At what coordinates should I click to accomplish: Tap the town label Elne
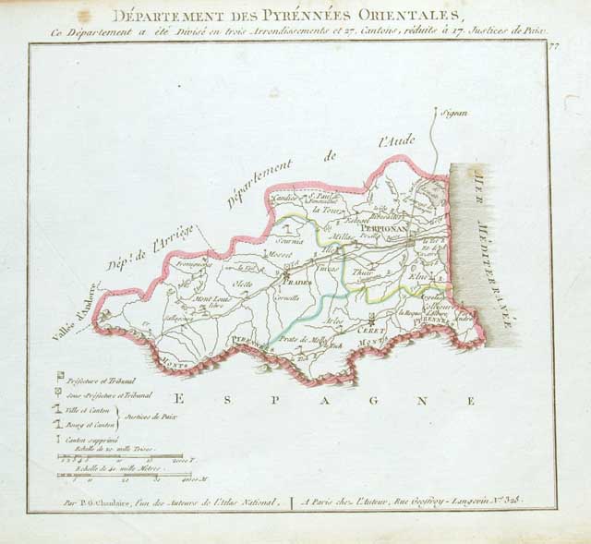pos(417,275)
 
